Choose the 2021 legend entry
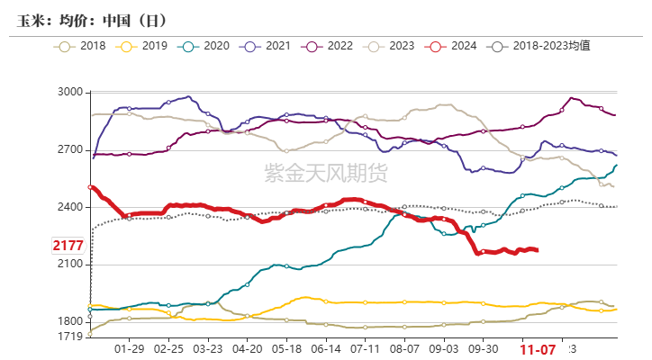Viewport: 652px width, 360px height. (267, 45)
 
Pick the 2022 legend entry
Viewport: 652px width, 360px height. (328, 45)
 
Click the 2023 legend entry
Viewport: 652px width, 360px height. (389, 45)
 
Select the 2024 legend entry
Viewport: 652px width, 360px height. (451, 45)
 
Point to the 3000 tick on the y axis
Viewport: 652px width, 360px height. (69, 93)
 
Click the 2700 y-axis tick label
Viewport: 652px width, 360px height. (69, 150)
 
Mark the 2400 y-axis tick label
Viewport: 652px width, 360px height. (69, 207)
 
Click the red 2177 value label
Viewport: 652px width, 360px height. (68, 246)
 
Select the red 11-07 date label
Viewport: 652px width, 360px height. (538, 348)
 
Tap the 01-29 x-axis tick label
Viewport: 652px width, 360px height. (130, 348)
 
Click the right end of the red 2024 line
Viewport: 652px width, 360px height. (538, 250)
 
